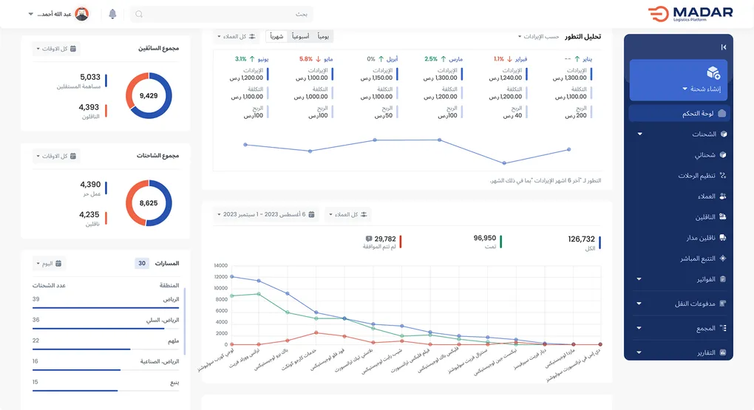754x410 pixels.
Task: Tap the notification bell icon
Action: coord(112,14)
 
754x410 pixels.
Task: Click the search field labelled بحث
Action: coord(222,14)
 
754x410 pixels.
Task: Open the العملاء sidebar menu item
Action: coord(707,197)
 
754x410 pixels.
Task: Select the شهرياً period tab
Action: coord(276,36)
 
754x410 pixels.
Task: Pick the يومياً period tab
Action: coord(324,36)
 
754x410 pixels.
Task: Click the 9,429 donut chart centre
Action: coord(149,96)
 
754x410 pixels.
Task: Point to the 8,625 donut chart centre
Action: coord(149,202)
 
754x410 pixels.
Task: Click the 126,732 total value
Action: coord(581,239)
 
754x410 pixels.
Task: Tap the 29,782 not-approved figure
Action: coord(385,239)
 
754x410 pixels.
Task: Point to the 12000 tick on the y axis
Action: coord(220,277)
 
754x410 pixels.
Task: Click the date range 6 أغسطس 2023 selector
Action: coord(266,214)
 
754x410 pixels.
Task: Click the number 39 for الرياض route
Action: coord(35,299)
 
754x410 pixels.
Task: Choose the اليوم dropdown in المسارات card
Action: coord(49,263)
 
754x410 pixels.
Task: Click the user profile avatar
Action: coord(82,14)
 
